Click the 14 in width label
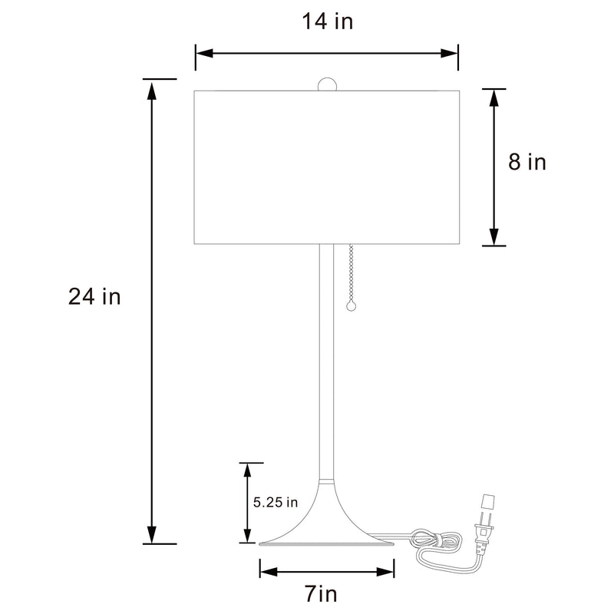(x=327, y=21)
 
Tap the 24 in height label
(x=94, y=297)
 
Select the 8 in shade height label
(x=527, y=162)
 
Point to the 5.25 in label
(x=275, y=503)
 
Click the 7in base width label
(x=321, y=594)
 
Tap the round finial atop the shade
(x=328, y=84)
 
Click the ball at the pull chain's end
(x=352, y=305)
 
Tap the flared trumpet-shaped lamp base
(x=326, y=522)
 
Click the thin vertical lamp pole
(x=326, y=361)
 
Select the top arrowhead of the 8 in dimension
(x=494, y=98)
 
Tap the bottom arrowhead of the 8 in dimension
(x=494, y=236)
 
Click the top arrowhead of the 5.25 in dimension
(x=248, y=471)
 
